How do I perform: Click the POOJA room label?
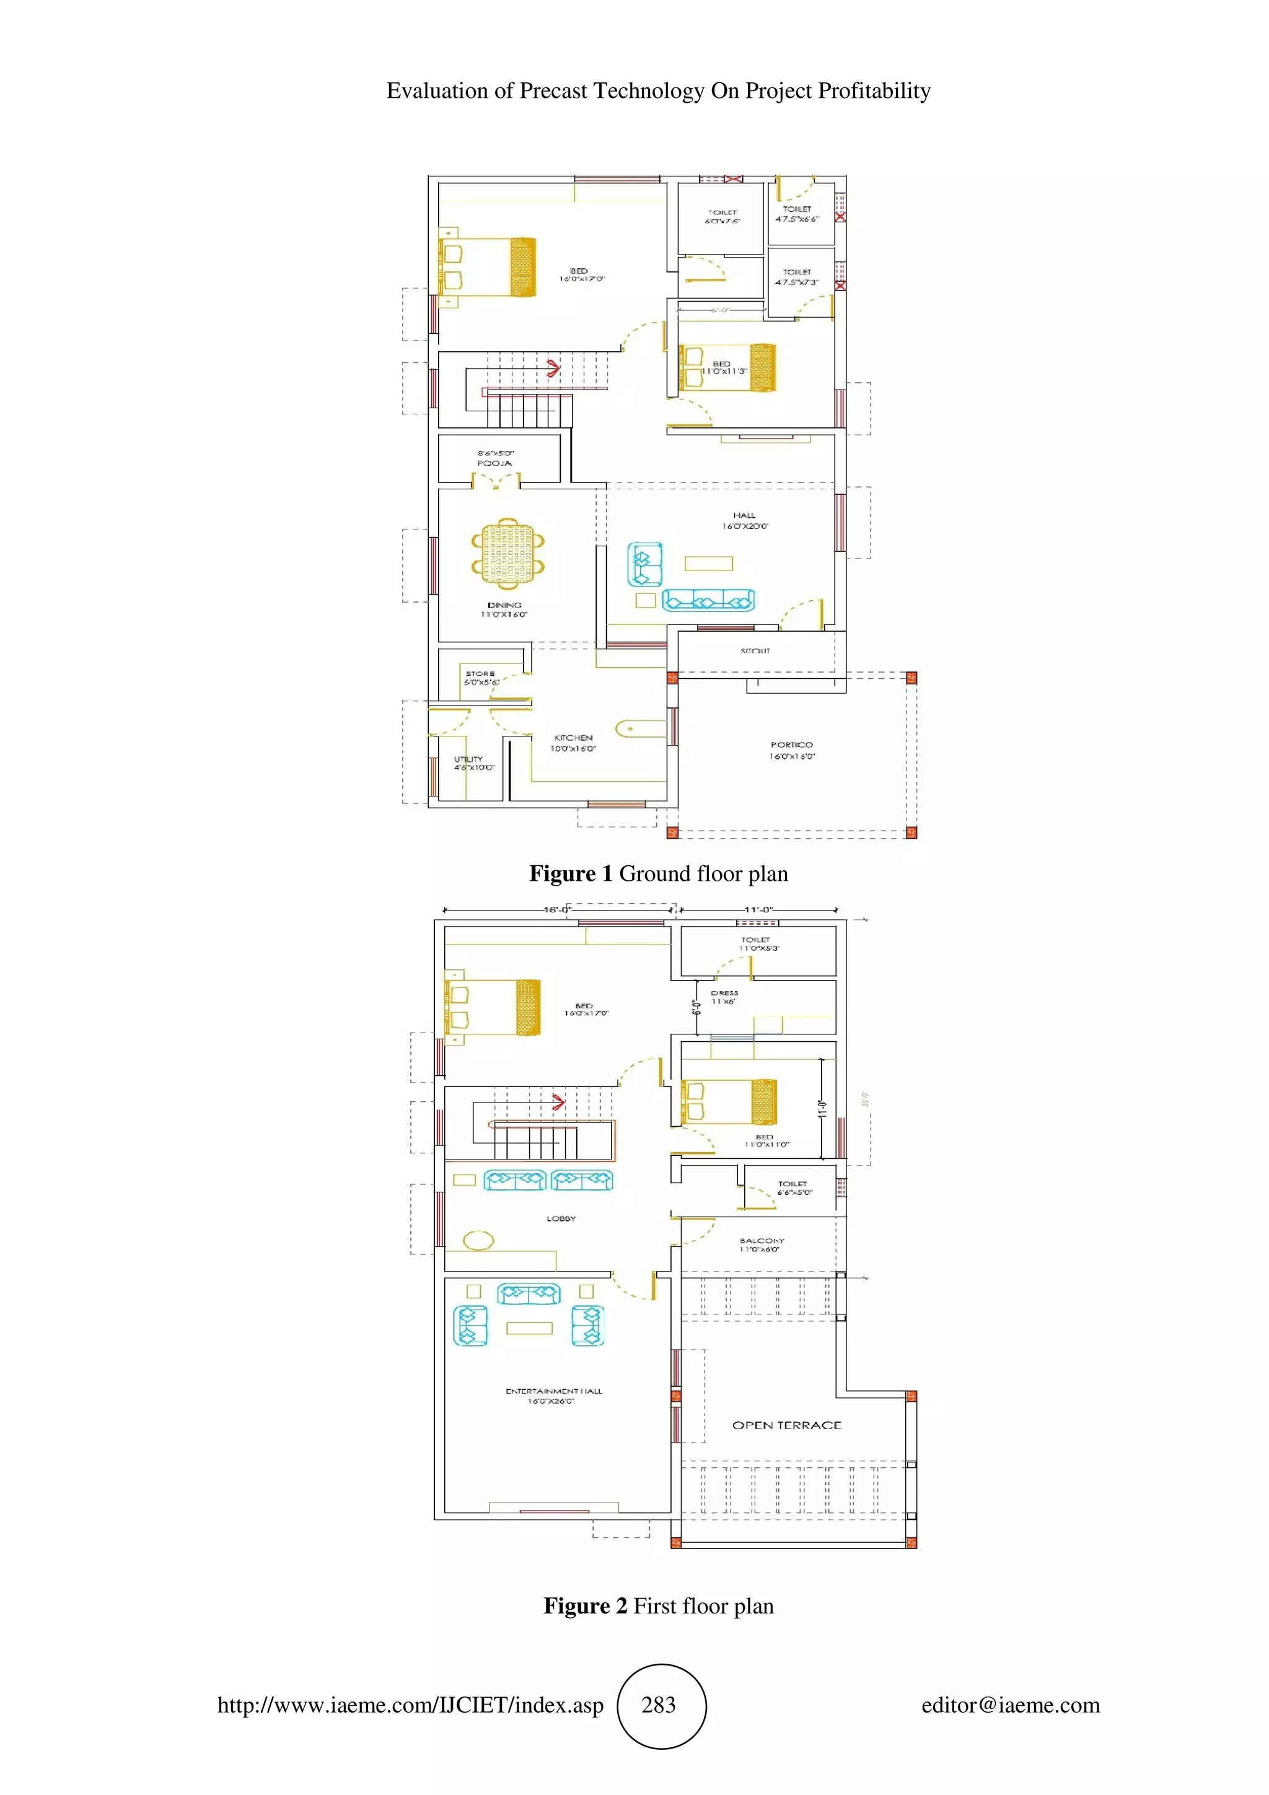pyautogui.click(x=494, y=463)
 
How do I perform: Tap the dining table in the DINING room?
pyautogui.click(x=507, y=552)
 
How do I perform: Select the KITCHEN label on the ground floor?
pyautogui.click(x=573, y=737)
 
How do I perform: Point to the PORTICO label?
pyautogui.click(x=791, y=745)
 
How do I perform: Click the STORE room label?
pyautogui.click(x=480, y=673)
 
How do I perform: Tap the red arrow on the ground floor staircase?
pyautogui.click(x=553, y=367)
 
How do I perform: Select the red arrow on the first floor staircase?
pyautogui.click(x=558, y=1103)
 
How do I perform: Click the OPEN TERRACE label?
pyautogui.click(x=786, y=1425)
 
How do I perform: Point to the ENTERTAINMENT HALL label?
pyautogui.click(x=553, y=1391)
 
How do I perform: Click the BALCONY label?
pyautogui.click(x=762, y=1241)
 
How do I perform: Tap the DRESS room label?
pyautogui.click(x=724, y=993)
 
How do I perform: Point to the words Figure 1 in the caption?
pyautogui.click(x=571, y=874)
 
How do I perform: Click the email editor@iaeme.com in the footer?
pyautogui.click(x=1010, y=1705)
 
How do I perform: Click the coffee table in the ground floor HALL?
pyautogui.click(x=708, y=564)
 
